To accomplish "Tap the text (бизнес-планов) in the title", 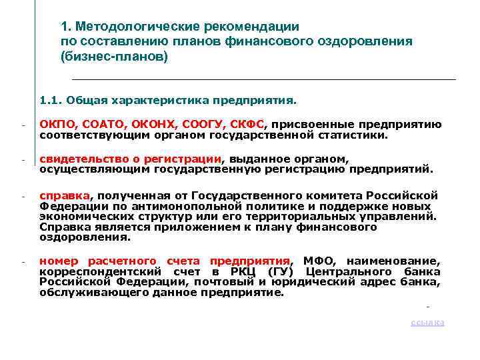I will click(x=115, y=56).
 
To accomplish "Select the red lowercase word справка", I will click(x=64, y=195).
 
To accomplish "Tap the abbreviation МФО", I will click(x=317, y=261).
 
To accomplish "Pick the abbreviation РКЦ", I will click(x=240, y=271).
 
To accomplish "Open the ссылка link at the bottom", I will click(x=427, y=323).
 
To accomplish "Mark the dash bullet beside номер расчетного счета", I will click(x=22, y=261).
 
